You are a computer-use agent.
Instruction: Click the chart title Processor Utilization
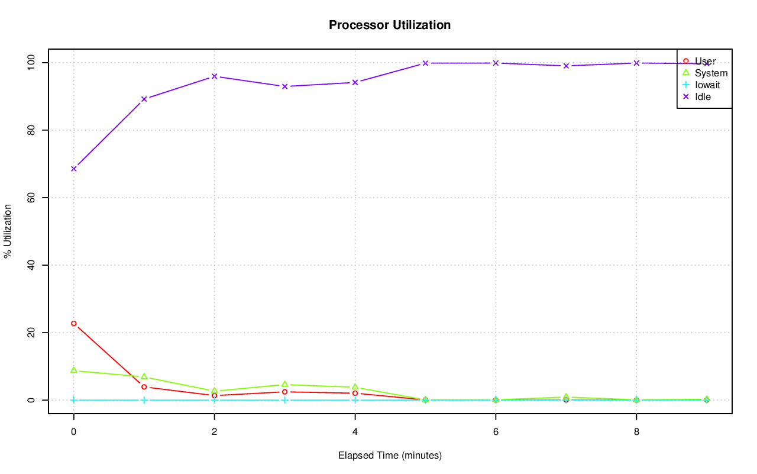point(390,25)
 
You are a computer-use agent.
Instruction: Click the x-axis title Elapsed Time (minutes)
point(390,456)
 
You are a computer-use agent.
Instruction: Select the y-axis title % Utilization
point(8,231)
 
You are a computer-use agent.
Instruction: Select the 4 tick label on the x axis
point(355,432)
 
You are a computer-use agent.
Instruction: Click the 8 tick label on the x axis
point(636,432)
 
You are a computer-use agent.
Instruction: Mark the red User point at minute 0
point(73,324)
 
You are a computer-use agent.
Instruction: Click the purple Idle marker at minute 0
point(73,169)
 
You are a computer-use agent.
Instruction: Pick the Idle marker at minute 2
point(214,76)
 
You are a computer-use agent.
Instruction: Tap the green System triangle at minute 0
point(73,370)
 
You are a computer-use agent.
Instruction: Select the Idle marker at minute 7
point(566,66)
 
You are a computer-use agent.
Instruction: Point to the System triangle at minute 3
point(284,384)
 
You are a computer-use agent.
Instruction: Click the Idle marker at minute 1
point(144,99)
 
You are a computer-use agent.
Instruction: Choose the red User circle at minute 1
point(144,387)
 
